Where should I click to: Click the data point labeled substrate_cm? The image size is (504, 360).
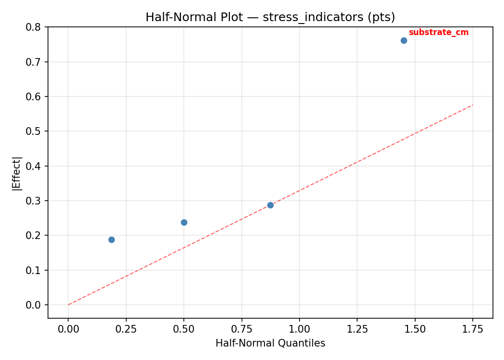[404, 40]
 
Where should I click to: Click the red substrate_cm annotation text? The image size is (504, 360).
[438, 33]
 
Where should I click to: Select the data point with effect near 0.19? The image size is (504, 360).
[111, 240]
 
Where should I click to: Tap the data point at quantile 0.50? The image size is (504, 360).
[184, 222]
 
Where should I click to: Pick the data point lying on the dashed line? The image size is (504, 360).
[270, 205]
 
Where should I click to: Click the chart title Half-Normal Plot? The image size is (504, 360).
[270, 17]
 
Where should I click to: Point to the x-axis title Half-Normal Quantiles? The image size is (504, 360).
[270, 343]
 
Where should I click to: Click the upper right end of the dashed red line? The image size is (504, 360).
[473, 105]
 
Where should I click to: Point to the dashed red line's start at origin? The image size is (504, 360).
[68, 305]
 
